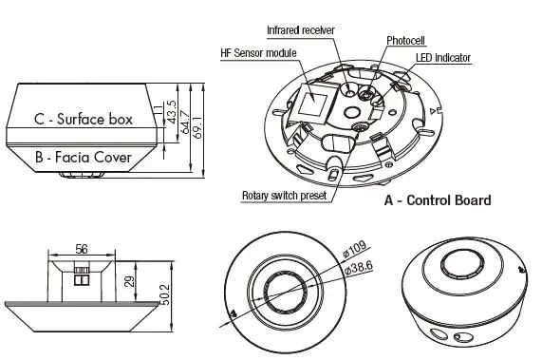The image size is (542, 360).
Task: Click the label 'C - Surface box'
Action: coord(83,120)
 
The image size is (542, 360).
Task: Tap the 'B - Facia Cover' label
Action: coord(83,156)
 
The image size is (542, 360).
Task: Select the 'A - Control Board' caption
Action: coord(437,200)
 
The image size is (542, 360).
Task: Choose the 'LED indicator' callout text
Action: coord(443,58)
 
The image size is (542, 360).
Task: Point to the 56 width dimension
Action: coord(82,250)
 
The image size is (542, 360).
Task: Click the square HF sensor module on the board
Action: coord(312,101)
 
